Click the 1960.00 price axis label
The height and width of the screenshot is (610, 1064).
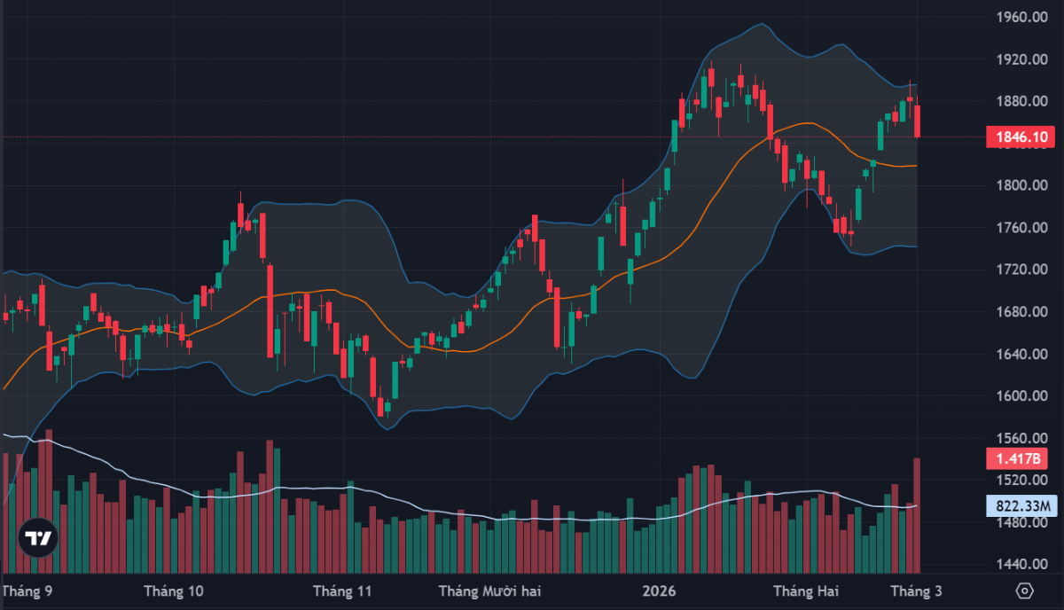[x=1018, y=17]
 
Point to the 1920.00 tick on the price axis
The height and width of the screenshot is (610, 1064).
[x=1018, y=59]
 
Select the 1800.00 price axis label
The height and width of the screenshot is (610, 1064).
[x=1018, y=185]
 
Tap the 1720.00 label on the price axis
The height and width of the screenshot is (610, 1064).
[x=1018, y=270]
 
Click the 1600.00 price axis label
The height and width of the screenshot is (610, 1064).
[x=1018, y=396]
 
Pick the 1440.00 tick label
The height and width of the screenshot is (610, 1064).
[x=1018, y=565]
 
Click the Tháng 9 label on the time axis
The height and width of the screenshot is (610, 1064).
[x=27, y=591]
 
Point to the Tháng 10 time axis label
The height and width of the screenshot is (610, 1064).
[x=173, y=591]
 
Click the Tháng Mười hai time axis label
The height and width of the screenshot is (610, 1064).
[x=489, y=591]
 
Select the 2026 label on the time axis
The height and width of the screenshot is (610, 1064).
[x=659, y=591]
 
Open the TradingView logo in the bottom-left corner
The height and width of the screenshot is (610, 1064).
[x=38, y=538]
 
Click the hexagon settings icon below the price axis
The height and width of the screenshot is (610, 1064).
[x=1025, y=590]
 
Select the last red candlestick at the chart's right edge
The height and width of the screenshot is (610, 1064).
[x=918, y=121]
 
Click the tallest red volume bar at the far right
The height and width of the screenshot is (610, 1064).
[x=918, y=514]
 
